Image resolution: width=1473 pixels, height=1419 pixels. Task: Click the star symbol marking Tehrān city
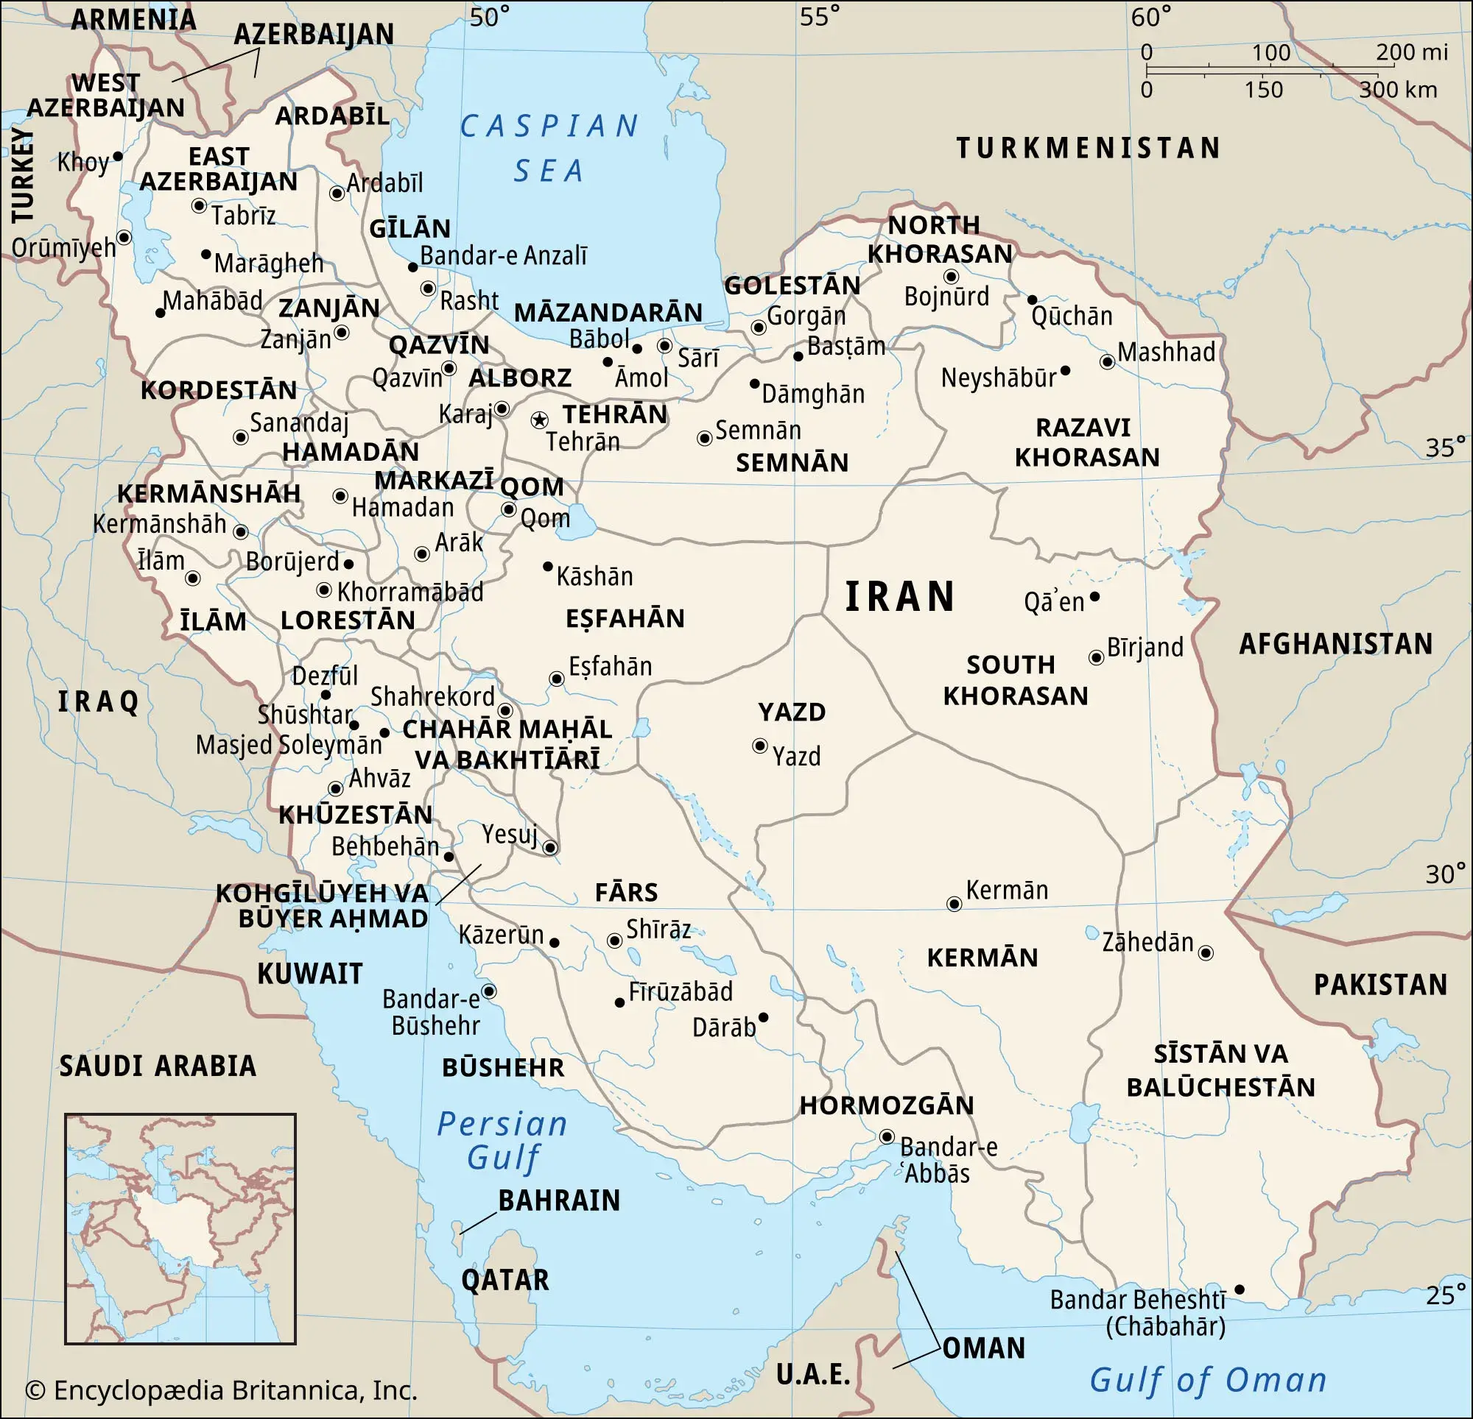[x=539, y=420]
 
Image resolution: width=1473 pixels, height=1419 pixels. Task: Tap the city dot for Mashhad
[x=1107, y=361]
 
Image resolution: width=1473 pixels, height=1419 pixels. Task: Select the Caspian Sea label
[x=549, y=148]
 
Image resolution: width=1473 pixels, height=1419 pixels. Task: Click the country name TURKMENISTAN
[x=1089, y=148]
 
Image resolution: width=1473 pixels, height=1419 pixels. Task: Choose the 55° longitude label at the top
[x=819, y=16]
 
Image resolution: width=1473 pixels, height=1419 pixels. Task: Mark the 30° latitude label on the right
[x=1445, y=874]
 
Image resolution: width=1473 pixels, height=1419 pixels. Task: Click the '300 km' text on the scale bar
[x=1397, y=90]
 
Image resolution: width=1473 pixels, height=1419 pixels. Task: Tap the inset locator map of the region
[x=180, y=1228]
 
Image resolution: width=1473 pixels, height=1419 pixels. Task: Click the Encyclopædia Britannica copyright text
[x=221, y=1390]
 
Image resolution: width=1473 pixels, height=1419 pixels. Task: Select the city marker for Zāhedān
[x=1206, y=953]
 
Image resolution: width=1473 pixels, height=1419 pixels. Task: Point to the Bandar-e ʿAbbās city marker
[x=887, y=1136]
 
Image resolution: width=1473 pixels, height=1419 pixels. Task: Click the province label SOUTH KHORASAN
[x=1016, y=680]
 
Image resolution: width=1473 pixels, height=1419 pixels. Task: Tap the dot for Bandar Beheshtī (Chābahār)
[x=1240, y=1289]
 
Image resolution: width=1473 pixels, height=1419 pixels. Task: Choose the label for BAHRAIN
[x=559, y=1200]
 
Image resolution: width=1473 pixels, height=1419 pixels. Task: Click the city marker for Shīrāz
[x=614, y=941]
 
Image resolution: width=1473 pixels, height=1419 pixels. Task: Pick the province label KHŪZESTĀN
[x=356, y=814]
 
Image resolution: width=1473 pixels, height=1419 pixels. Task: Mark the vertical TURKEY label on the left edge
[x=24, y=175]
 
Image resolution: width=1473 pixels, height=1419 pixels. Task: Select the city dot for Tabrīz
[x=199, y=205]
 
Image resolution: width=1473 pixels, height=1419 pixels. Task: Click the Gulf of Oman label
[x=1208, y=1380]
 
